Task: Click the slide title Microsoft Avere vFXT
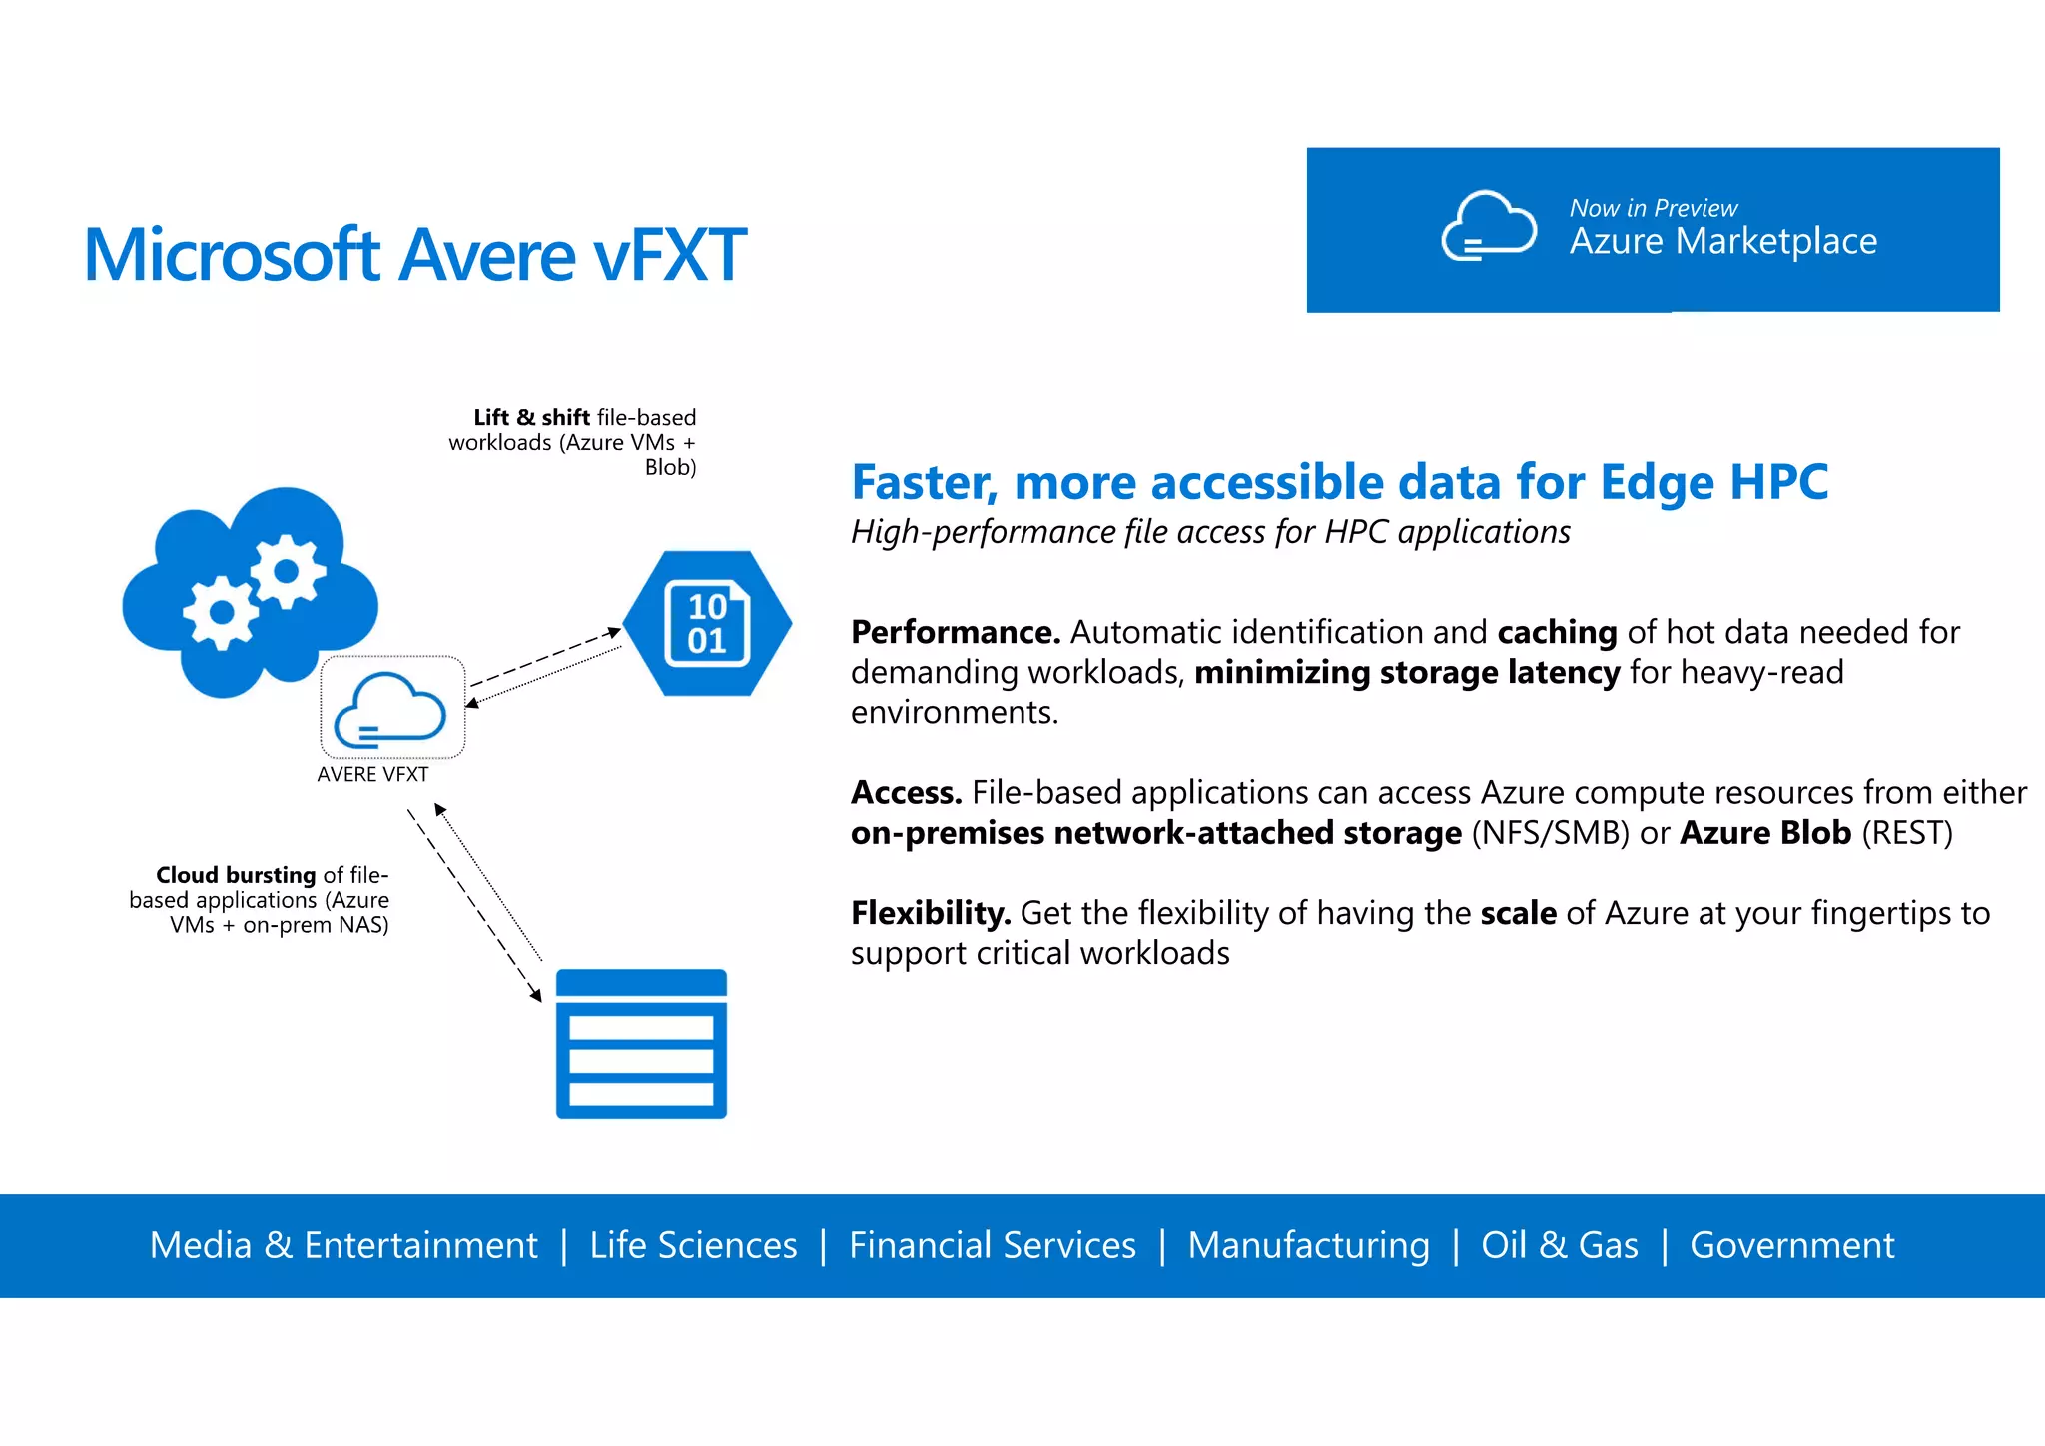[414, 255]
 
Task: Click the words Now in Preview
[1653, 208]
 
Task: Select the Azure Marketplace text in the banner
[1722, 242]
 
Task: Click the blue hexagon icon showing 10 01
[707, 623]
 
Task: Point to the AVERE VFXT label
[372, 774]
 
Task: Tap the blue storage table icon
[641, 1044]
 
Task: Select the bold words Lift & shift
[531, 417]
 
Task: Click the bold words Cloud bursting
[236, 875]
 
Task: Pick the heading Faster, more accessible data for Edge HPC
[1339, 482]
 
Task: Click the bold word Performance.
[955, 632]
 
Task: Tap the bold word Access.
[906, 792]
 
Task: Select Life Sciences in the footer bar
[693, 1245]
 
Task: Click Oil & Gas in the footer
[1559, 1245]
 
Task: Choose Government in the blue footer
[1791, 1245]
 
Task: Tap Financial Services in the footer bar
[992, 1245]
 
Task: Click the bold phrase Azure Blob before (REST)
[1764, 833]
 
